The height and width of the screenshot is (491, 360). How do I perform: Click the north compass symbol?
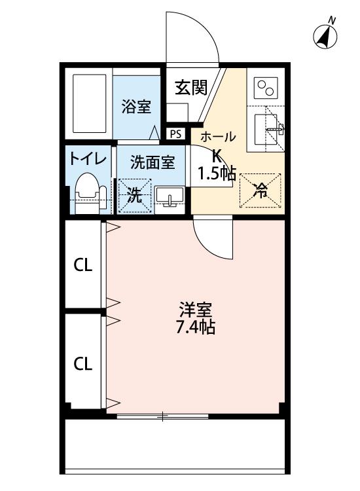325,36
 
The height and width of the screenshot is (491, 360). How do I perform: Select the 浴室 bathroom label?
136,107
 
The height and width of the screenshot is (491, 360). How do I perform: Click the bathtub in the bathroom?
89,103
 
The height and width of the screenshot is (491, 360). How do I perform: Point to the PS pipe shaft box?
175,134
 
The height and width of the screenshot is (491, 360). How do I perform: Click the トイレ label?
88,159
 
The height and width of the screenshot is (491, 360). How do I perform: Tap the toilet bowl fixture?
91,194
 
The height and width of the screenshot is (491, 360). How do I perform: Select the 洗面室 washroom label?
153,162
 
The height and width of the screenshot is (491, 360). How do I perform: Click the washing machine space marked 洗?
135,196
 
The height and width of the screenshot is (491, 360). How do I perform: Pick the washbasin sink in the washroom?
170,196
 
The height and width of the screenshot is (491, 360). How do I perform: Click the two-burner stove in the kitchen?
266,87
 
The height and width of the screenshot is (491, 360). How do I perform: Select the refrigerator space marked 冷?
261,191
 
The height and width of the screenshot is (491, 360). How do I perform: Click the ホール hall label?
218,137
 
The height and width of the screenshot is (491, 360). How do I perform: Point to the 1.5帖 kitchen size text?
216,173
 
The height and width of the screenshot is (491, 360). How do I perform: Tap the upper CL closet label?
83,265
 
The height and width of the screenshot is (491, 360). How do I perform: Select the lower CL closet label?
83,363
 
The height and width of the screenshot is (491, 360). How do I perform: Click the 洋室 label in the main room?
196,310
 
